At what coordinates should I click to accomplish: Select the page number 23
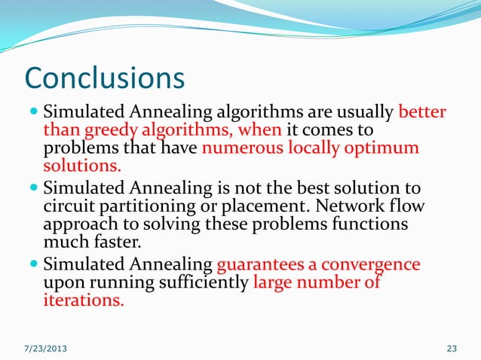tap(452, 348)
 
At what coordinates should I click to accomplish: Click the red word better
tap(421, 113)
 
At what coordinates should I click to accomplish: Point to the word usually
tap(363, 113)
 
